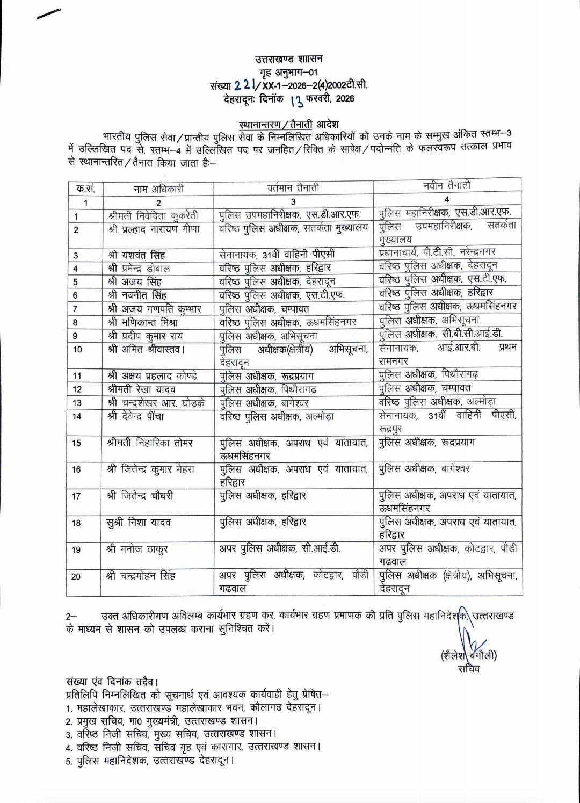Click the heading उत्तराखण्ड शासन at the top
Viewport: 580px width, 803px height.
tap(289, 59)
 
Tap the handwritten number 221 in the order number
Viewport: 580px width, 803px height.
tap(244, 85)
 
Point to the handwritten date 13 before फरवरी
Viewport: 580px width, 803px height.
tap(296, 100)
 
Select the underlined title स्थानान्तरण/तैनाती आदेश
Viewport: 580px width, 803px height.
tap(289, 125)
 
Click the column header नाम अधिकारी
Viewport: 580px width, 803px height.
tap(158, 189)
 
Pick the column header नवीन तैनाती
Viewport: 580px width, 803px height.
tap(446, 185)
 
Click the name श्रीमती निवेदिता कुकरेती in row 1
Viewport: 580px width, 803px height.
tap(153, 216)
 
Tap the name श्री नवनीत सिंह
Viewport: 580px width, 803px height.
tap(137, 295)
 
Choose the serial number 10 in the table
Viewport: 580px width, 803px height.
tap(77, 350)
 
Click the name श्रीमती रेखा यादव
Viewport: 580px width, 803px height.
tap(142, 389)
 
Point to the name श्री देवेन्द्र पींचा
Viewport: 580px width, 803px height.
tap(136, 416)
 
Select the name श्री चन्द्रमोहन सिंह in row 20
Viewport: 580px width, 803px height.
tap(141, 576)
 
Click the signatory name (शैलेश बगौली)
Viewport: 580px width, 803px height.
tap(468, 656)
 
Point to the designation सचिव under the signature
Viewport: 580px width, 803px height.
tap(469, 669)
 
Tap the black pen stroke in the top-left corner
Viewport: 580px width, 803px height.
tap(48, 13)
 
